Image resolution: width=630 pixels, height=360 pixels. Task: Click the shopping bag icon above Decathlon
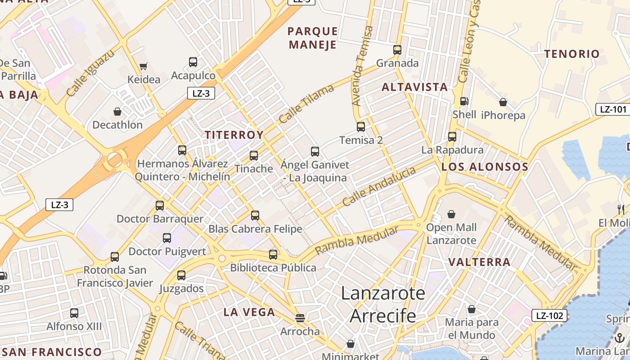117,112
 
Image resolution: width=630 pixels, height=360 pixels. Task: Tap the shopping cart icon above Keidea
144,67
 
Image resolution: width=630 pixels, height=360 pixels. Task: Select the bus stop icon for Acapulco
193,62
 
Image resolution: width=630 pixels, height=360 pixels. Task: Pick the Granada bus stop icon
397,49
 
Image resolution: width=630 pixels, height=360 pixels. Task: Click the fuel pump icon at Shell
464,101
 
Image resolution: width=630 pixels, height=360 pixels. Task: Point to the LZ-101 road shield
613,109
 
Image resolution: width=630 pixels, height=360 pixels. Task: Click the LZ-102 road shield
549,315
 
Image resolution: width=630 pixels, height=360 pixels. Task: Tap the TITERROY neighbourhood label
234,135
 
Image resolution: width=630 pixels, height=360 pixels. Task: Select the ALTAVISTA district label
414,87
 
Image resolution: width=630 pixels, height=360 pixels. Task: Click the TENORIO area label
572,54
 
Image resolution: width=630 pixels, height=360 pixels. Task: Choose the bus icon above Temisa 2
361,126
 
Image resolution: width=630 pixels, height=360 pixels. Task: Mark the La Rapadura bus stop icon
452,136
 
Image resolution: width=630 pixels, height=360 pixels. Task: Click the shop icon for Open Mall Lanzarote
451,214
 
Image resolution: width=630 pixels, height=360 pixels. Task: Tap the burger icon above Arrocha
300,318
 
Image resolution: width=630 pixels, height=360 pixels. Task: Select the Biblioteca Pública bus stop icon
273,254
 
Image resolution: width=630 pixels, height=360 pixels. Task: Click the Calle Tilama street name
306,103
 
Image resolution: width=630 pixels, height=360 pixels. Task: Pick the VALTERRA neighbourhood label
479,262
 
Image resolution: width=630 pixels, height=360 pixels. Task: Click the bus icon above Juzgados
181,275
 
